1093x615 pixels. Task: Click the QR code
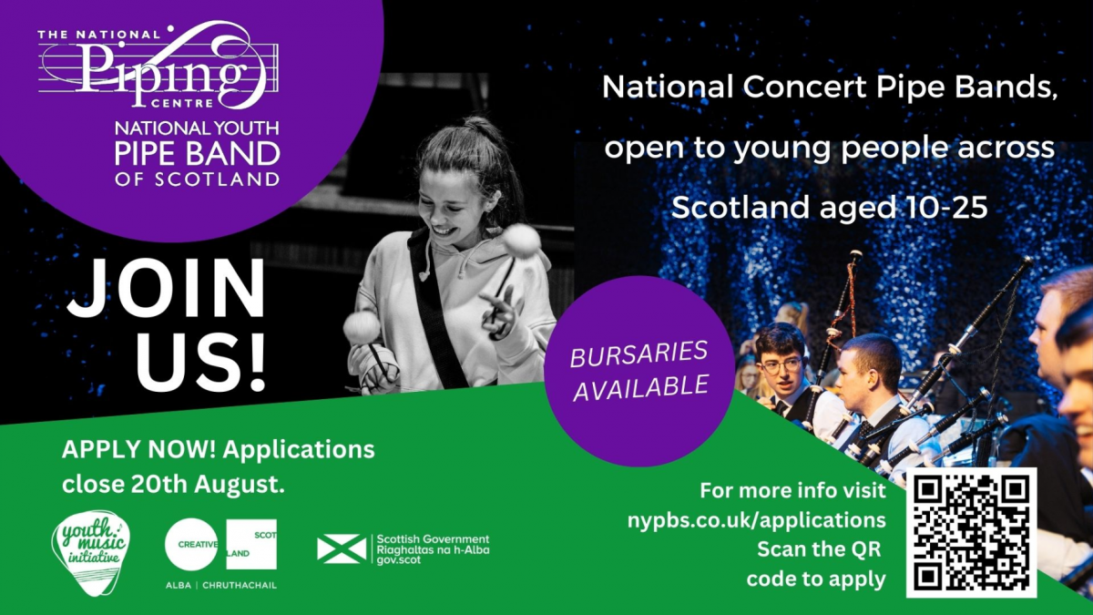click(x=971, y=532)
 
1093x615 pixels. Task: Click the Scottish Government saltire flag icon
click(x=342, y=549)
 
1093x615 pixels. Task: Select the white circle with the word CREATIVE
click(x=191, y=544)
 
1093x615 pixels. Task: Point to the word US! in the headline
click(x=200, y=362)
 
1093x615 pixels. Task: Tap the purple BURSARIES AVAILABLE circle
click(x=639, y=371)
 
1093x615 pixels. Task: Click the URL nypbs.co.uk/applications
click(x=757, y=520)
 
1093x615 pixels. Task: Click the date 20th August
click(x=208, y=485)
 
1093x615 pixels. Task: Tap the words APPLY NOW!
click(x=139, y=449)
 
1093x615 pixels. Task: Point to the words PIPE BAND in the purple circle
click(x=197, y=154)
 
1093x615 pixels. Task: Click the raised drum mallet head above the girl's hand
click(x=521, y=241)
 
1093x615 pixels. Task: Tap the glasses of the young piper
click(x=781, y=365)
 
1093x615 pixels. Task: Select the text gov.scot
click(x=399, y=559)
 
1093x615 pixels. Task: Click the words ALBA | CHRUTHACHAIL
click(x=221, y=585)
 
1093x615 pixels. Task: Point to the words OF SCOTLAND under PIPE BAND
click(x=197, y=179)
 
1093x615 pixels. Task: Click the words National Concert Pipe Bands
click(x=830, y=87)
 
